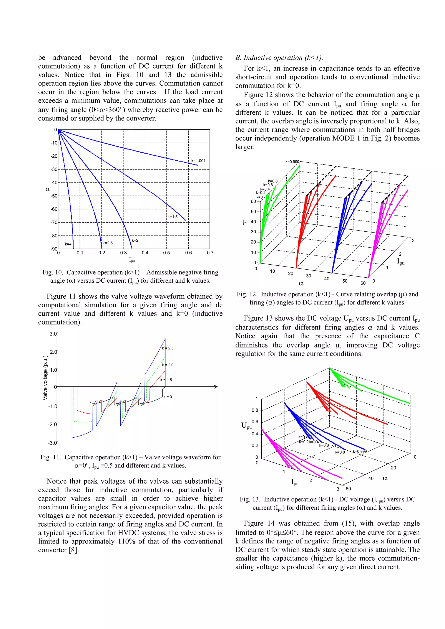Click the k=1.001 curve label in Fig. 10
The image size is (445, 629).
(x=198, y=161)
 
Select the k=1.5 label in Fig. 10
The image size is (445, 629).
(x=173, y=217)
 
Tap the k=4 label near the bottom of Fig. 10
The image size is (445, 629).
(x=68, y=244)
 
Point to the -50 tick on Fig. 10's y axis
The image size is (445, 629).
(x=54, y=196)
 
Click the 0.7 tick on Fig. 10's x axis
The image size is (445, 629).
(x=210, y=253)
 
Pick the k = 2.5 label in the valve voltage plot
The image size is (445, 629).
(x=168, y=348)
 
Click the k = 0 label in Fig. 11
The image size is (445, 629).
(x=168, y=397)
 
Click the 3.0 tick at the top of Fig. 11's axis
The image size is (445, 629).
(x=53, y=334)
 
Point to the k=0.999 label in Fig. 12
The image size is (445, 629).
(x=292, y=162)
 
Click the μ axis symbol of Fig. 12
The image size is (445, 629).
(x=245, y=222)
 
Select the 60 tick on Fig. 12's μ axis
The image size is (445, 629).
(x=253, y=201)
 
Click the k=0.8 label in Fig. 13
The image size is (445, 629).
(x=340, y=452)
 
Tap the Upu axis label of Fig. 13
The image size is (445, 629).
(x=246, y=425)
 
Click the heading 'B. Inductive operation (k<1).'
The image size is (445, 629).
(x=279, y=58)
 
